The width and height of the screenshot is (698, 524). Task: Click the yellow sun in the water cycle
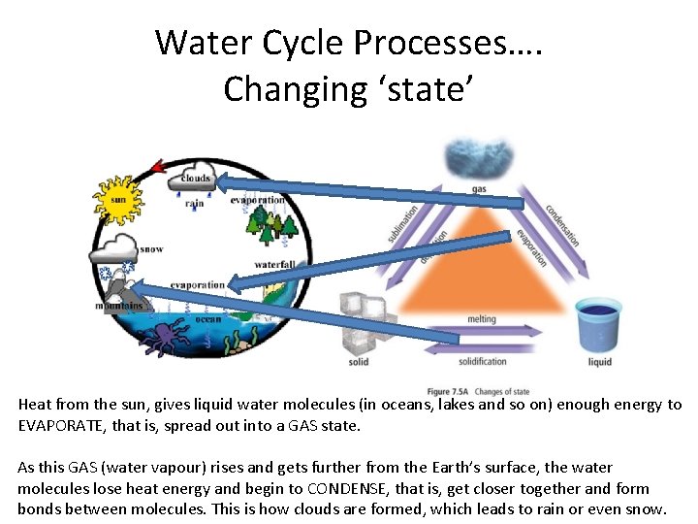(117, 200)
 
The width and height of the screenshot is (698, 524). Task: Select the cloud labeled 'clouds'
(194, 178)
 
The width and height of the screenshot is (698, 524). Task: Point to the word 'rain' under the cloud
(194, 204)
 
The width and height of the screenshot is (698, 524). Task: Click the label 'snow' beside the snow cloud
(151, 249)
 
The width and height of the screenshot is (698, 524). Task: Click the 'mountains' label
(119, 306)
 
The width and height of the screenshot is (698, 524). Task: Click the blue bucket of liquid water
(598, 326)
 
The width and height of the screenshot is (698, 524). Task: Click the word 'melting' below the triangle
(481, 319)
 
